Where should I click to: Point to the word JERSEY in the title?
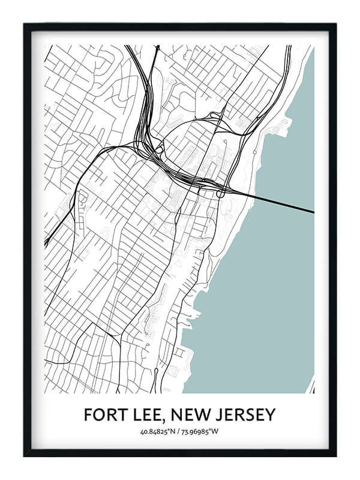pos(250,415)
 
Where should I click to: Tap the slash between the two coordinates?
pos(180,431)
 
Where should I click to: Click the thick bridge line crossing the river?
pos(276,203)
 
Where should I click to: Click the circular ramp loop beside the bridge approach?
pos(220,193)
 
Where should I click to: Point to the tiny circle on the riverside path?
pos(255,152)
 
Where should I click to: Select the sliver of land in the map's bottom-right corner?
pos(311,388)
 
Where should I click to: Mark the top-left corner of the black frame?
pos(25,24)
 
